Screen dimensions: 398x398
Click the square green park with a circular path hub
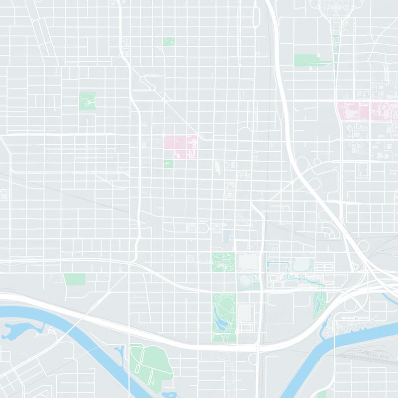click(89, 101)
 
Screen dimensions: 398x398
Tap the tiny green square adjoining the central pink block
click(169, 164)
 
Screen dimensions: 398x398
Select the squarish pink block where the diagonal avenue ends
click(180, 147)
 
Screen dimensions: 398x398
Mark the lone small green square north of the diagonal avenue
click(169, 41)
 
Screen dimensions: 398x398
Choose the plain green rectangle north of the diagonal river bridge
click(74, 279)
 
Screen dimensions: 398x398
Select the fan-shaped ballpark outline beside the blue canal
click(300, 265)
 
